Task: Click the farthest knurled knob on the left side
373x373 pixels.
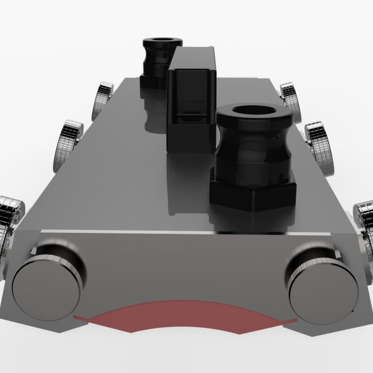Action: pos(104,97)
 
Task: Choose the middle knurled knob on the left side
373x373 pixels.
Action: pos(70,144)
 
